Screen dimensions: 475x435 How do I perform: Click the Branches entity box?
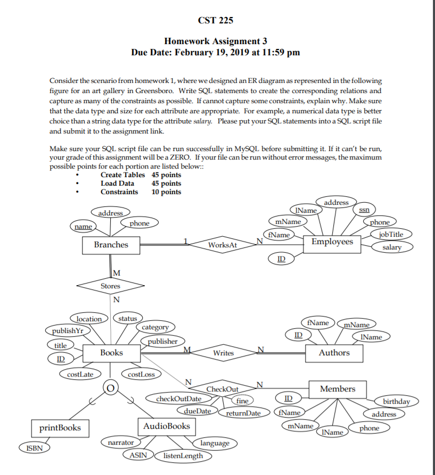coord(111,245)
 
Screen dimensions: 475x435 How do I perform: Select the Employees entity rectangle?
coord(332,242)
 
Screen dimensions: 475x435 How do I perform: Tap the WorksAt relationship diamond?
coord(222,245)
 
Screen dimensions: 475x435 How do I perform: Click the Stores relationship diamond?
coord(111,286)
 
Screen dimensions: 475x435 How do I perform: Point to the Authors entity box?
coord(334,353)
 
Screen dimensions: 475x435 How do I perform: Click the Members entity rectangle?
coord(338,389)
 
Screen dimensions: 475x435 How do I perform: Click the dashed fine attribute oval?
coord(242,401)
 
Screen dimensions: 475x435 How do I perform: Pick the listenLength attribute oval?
coord(183,456)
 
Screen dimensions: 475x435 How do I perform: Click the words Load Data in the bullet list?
coord(117,183)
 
